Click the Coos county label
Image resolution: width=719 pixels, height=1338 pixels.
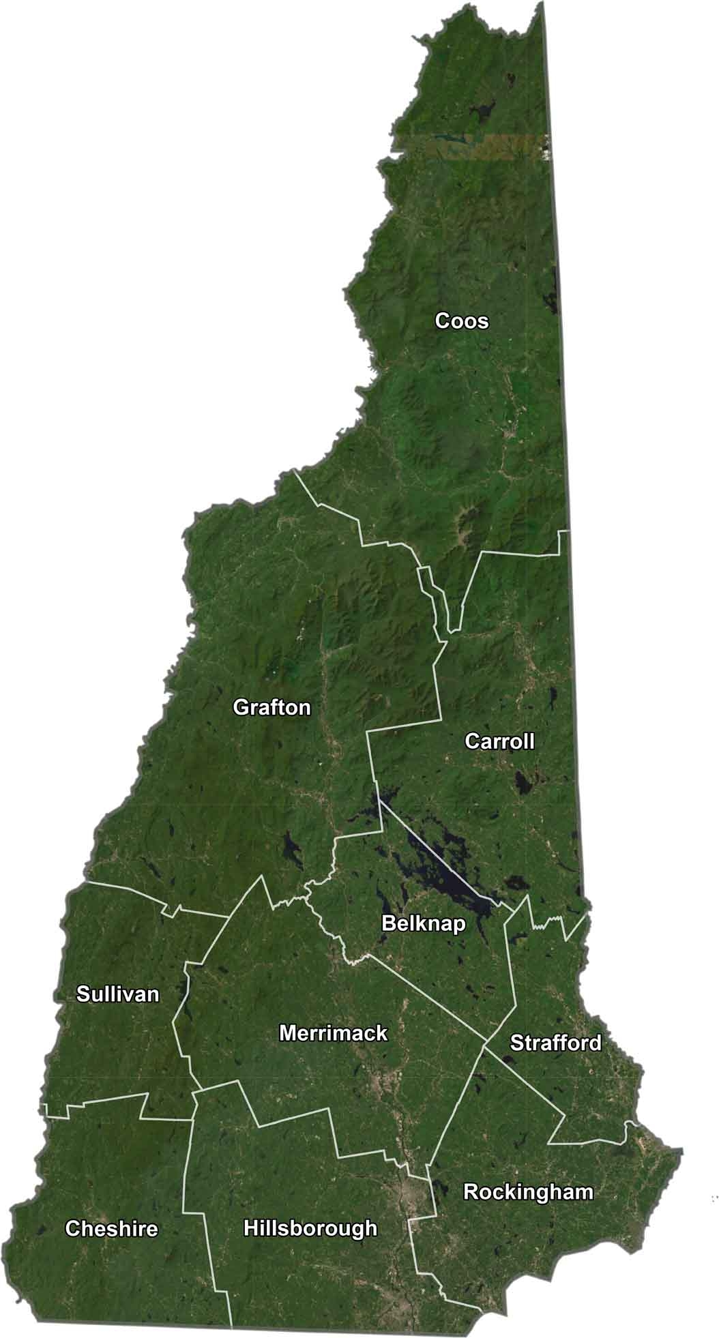pos(462,321)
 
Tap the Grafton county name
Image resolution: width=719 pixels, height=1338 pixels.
pos(272,707)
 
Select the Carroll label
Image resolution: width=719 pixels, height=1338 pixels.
pos(499,741)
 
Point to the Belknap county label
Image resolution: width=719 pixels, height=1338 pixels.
pos(423,924)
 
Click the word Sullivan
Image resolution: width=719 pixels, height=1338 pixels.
pos(117,994)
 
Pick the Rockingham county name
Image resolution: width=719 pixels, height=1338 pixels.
pos(528,1192)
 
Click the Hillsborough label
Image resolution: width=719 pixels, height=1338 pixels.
pos(310,1228)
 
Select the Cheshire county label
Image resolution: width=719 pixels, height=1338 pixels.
pos(111,1229)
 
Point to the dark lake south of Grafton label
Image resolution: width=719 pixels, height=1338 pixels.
pos(292,849)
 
